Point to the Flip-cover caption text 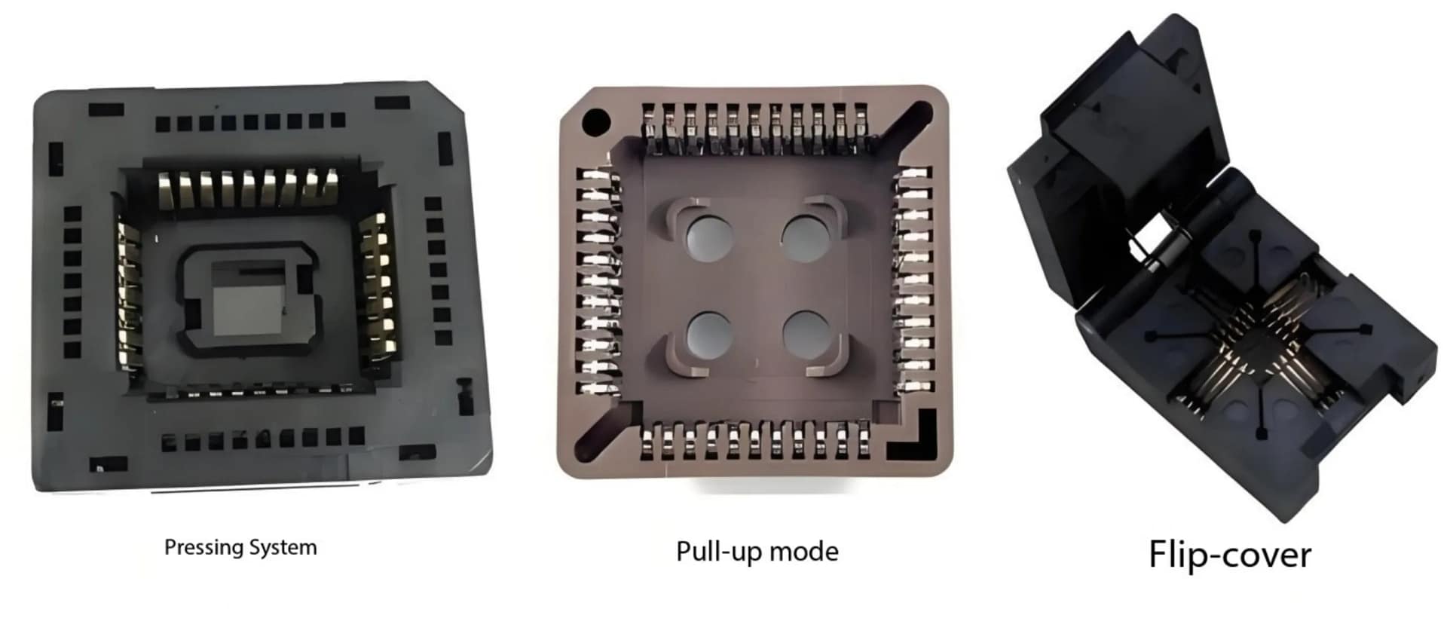1229,555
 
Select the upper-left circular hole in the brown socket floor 709,235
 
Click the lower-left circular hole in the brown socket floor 709,334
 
